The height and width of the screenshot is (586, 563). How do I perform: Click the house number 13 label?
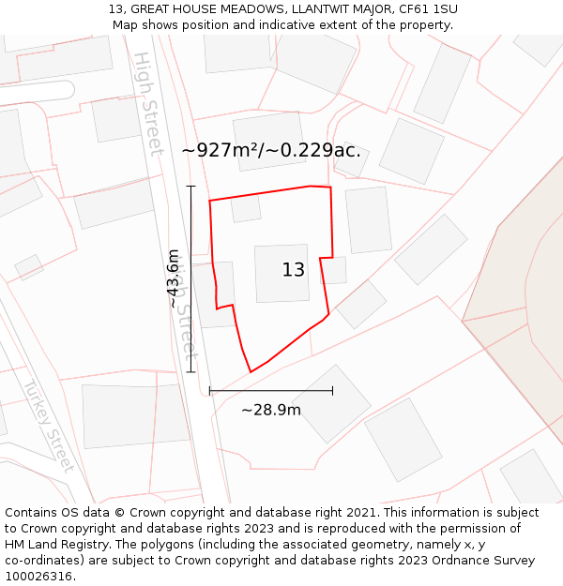coord(293,270)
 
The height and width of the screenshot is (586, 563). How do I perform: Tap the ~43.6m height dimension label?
coord(174,278)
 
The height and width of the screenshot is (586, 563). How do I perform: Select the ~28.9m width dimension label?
coord(271,410)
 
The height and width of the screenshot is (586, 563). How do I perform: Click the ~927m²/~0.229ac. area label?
coord(271,150)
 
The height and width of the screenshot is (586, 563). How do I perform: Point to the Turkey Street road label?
coord(48,426)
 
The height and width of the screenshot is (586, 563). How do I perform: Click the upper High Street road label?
coord(149,103)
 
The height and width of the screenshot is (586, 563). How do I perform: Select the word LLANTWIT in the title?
coord(281,9)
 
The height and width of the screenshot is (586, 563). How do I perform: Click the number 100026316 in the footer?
coord(40,577)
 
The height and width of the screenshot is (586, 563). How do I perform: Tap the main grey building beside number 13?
coord(281,274)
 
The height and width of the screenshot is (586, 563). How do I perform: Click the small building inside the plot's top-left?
coord(246,208)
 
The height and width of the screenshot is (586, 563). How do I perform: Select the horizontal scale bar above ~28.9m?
coord(271,390)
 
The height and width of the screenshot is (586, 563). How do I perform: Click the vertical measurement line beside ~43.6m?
coord(190,278)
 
